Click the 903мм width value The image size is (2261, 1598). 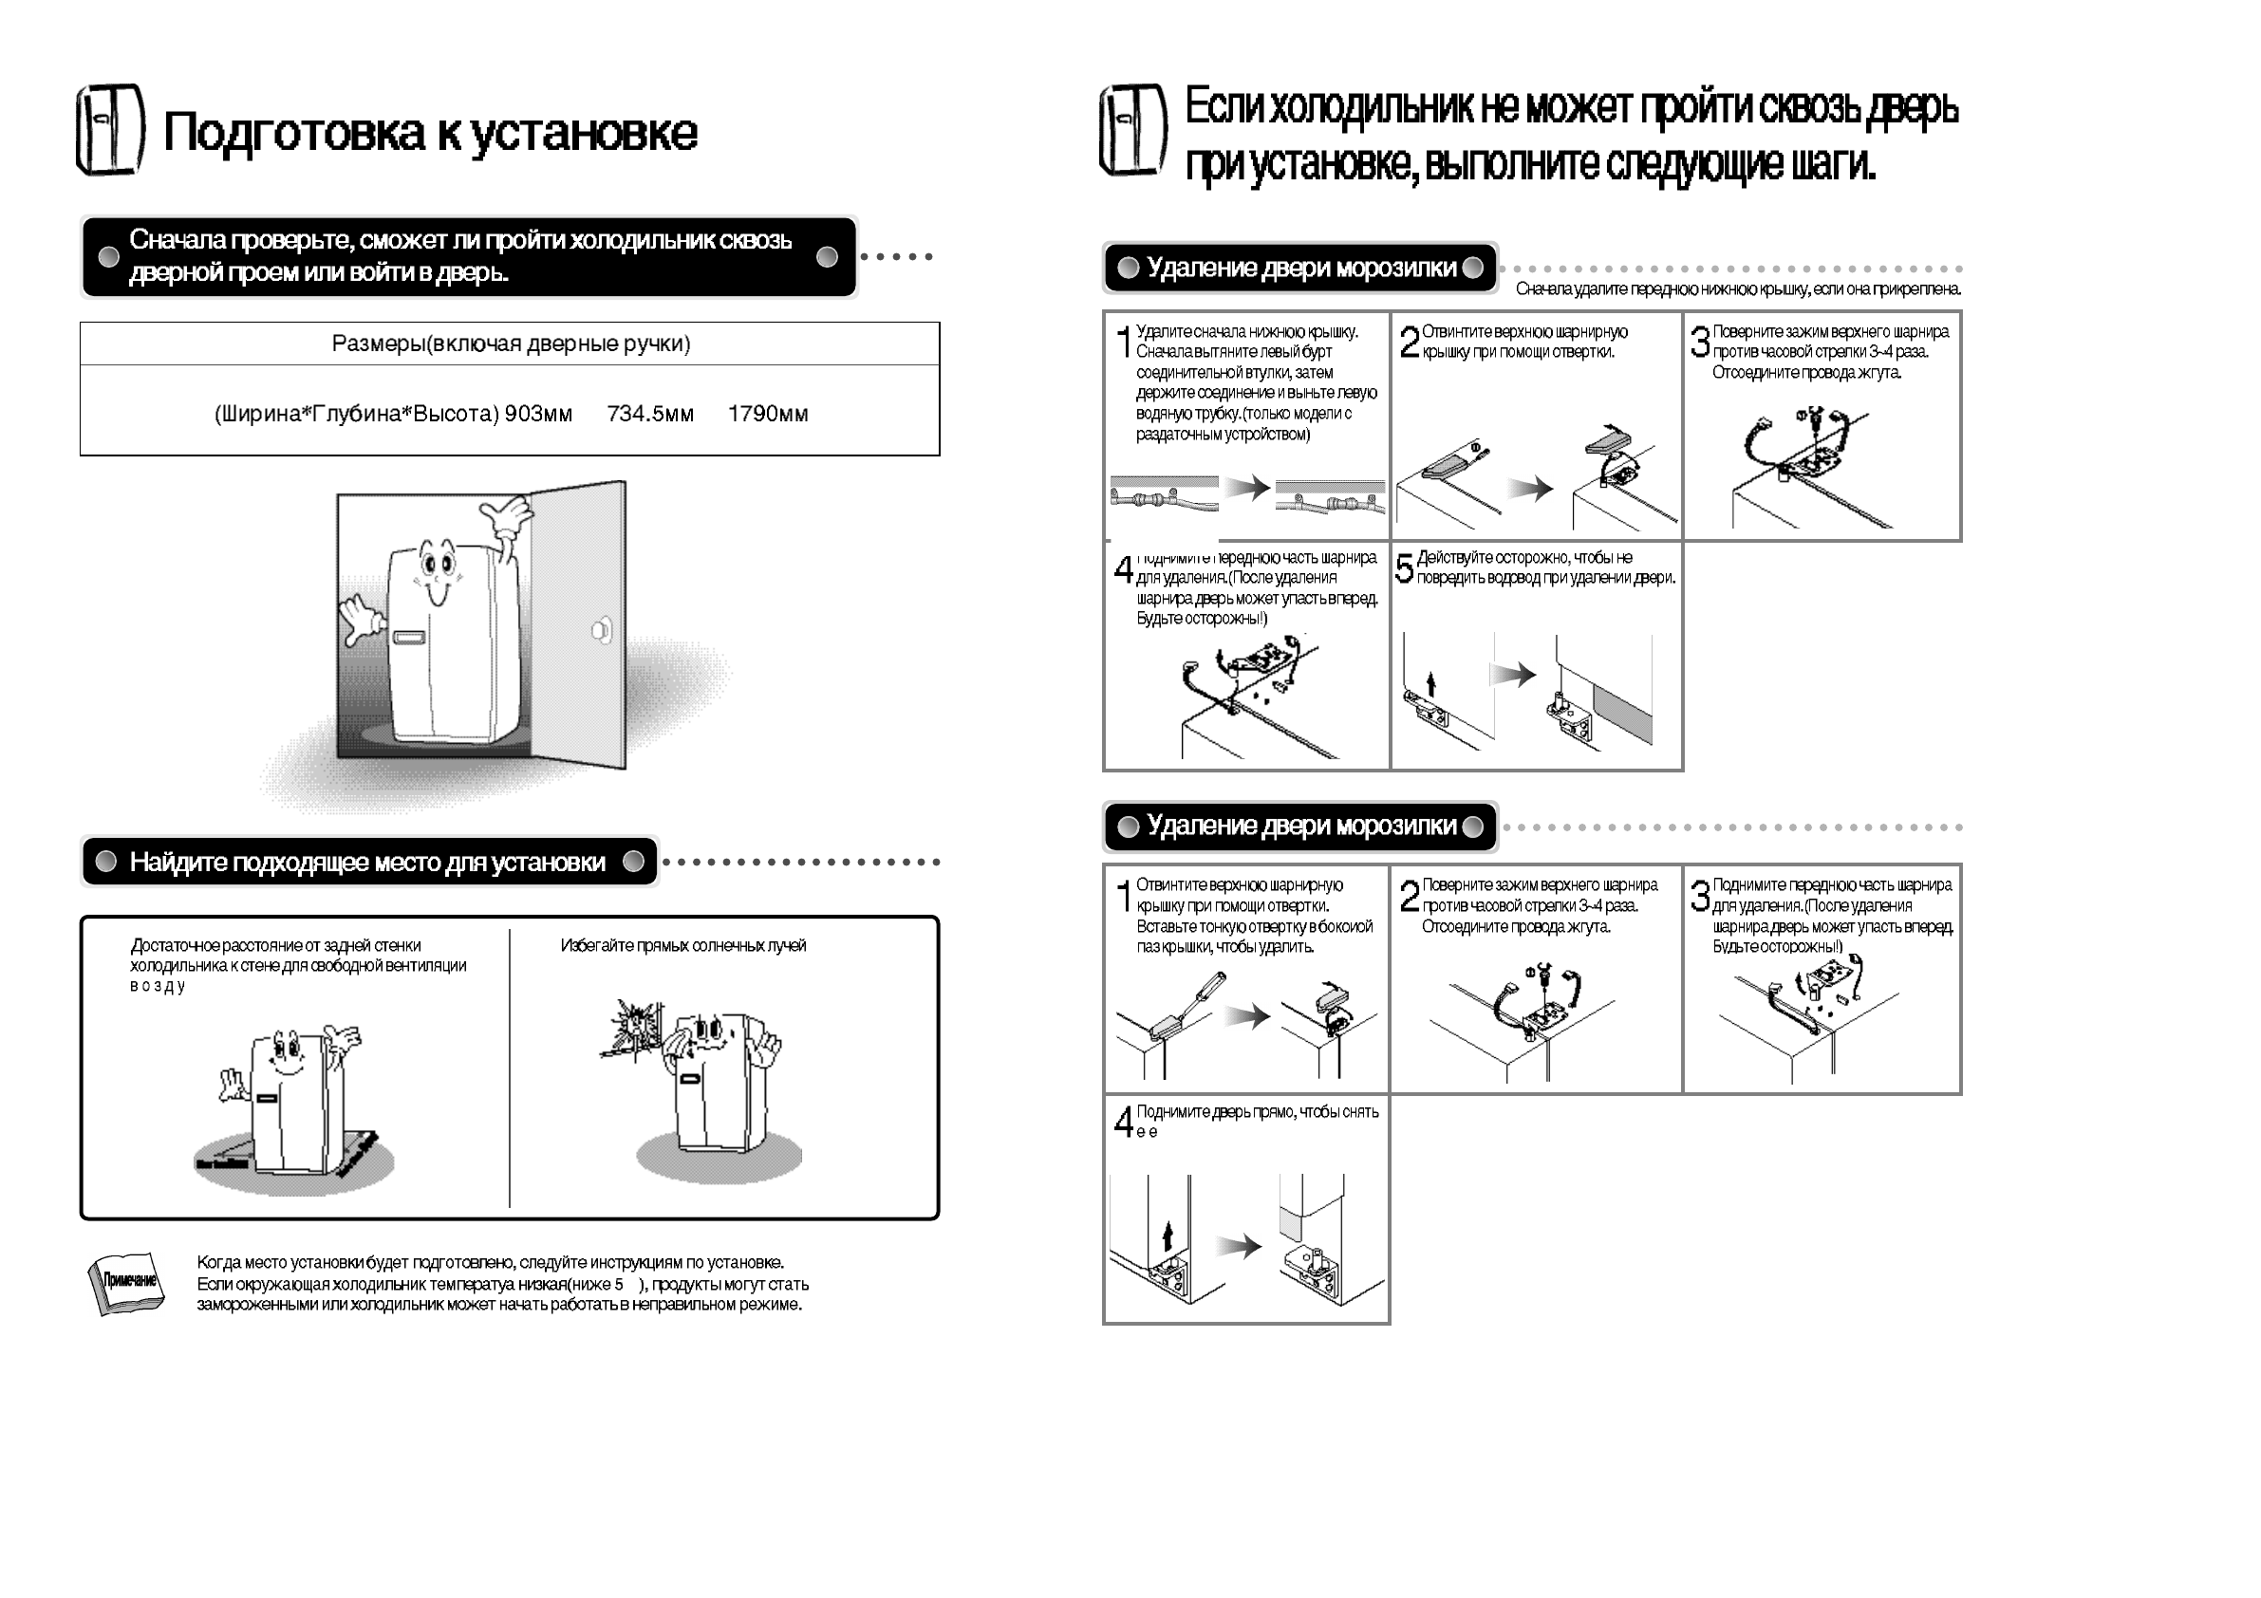click(x=537, y=414)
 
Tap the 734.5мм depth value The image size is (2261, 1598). click(x=650, y=414)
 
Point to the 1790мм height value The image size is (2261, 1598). click(x=767, y=414)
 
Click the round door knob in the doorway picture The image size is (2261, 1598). click(x=601, y=630)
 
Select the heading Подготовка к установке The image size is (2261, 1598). click(x=430, y=132)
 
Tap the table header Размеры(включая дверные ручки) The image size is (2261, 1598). click(x=510, y=344)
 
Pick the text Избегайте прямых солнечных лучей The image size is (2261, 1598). click(x=682, y=945)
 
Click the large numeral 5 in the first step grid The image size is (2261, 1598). click(x=1405, y=568)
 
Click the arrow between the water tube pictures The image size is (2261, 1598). click(x=1247, y=488)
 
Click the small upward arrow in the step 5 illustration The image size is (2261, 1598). click(x=1430, y=683)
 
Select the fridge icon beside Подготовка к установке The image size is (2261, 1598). click(x=110, y=130)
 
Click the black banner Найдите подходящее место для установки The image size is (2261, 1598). click(x=369, y=862)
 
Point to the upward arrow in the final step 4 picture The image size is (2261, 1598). click(x=1168, y=1235)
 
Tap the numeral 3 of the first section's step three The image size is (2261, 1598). click(x=1700, y=342)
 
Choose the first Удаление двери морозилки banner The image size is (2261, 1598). click(x=1299, y=268)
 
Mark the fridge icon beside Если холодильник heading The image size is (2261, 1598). click(x=1132, y=132)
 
